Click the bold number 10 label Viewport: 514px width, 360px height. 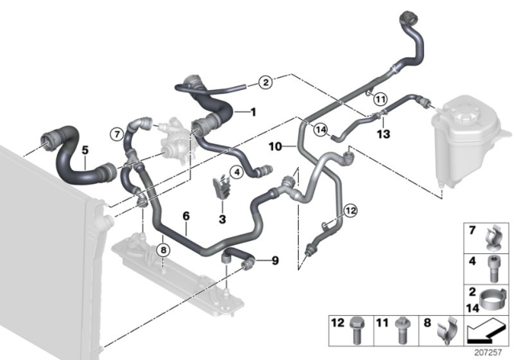(275, 148)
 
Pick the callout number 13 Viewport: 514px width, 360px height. (384, 133)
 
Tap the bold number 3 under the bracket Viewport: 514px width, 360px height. (222, 218)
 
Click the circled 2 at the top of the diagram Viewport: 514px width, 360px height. (265, 82)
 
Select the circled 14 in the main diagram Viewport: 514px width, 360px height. (320, 130)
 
